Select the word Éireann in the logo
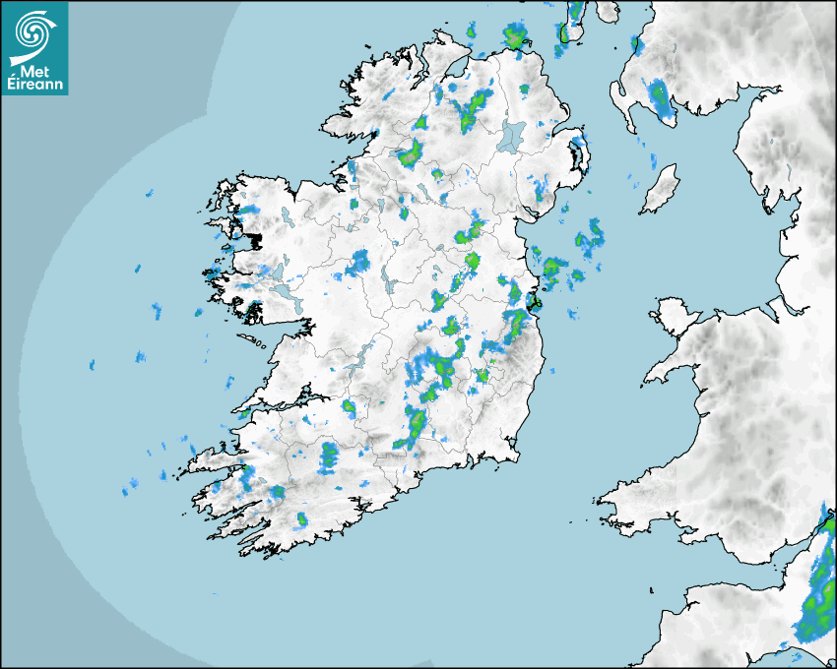point(35,86)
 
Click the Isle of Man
point(661,190)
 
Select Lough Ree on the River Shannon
point(388,285)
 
